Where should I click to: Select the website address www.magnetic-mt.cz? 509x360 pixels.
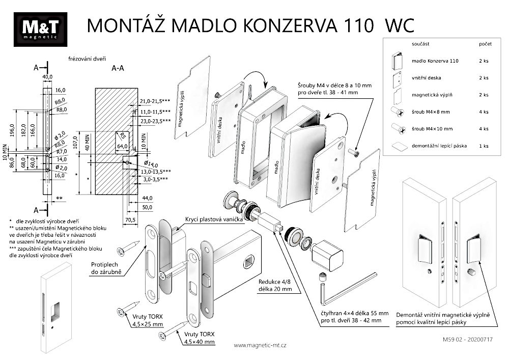[260, 345]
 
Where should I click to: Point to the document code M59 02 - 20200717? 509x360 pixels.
[472, 338]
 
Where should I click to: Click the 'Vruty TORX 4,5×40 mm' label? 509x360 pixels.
[196, 338]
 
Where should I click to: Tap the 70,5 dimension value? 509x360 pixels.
[130, 220]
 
